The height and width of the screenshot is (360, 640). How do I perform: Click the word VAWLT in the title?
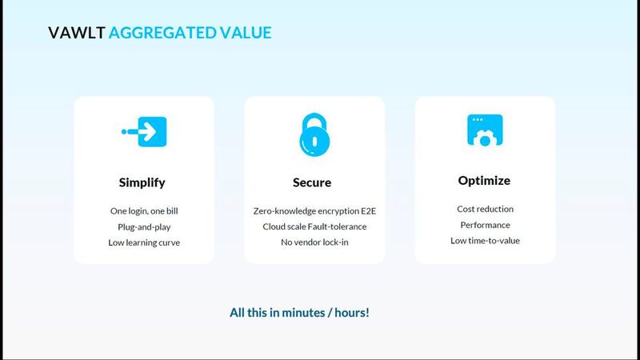point(76,33)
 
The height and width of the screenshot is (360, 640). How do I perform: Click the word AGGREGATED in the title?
point(161,33)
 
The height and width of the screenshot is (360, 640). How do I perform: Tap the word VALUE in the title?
point(245,33)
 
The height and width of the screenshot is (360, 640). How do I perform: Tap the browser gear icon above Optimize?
point(484,130)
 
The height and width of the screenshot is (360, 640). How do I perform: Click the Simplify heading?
point(142,182)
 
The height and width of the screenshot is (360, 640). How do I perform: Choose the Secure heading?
point(312,182)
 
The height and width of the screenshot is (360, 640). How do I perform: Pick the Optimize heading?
point(484,181)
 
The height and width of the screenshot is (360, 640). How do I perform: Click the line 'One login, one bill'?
point(144,211)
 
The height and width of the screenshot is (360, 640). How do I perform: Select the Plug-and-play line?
point(144,226)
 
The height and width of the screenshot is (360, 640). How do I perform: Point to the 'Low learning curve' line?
point(144,242)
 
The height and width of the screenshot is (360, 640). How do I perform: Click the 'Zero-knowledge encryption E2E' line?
point(314,211)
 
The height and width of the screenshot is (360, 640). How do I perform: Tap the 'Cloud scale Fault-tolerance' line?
point(314,226)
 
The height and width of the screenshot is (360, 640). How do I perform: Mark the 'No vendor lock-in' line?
point(314,242)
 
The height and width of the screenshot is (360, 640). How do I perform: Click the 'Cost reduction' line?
point(485,210)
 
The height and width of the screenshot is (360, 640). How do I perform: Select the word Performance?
point(485,225)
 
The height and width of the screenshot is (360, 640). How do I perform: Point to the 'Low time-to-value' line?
point(485,240)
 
